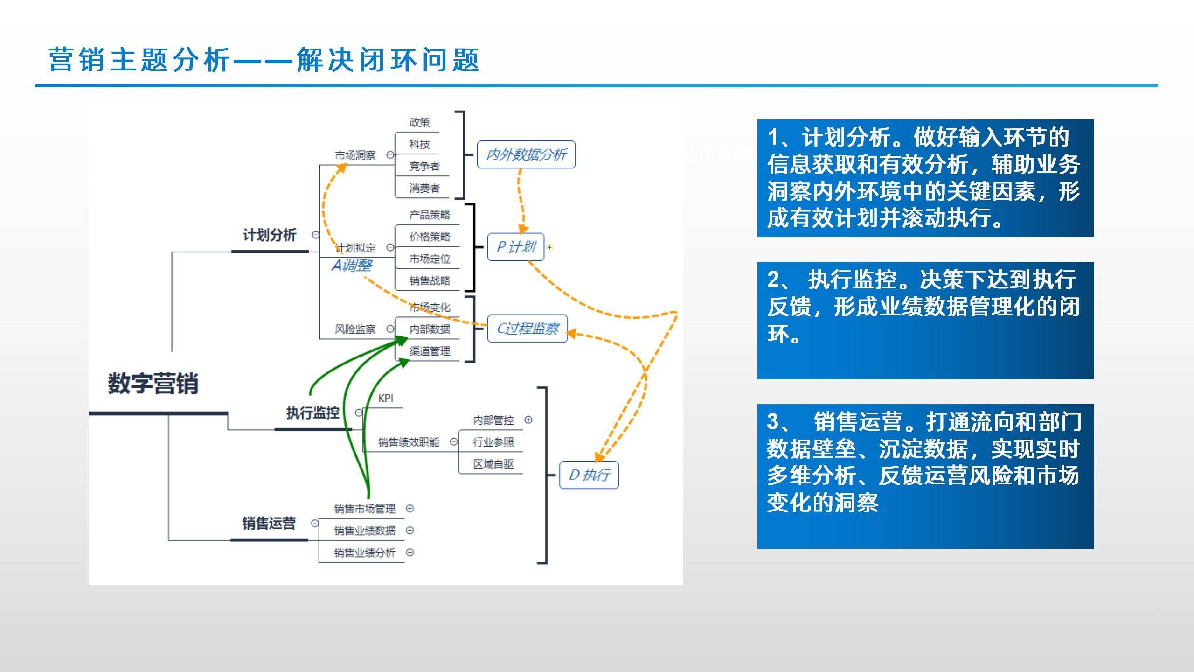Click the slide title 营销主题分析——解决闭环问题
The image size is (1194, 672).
click(x=264, y=60)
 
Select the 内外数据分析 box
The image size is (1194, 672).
click(x=526, y=154)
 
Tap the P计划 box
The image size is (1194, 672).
click(x=515, y=247)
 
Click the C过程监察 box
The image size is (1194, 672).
click(x=528, y=329)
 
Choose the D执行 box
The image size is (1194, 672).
click(x=589, y=475)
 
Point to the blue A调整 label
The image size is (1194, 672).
click(x=352, y=266)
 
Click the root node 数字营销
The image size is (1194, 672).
click(x=153, y=384)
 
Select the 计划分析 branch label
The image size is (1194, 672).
click(x=270, y=235)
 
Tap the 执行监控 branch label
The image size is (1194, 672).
click(x=312, y=413)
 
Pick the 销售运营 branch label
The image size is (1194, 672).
click(x=269, y=523)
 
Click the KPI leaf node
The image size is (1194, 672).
click(x=386, y=398)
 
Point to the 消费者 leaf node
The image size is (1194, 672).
click(x=424, y=188)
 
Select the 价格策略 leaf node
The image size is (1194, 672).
click(x=430, y=237)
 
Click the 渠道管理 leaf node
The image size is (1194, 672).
click(x=430, y=351)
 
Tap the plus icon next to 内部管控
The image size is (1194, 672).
click(x=528, y=420)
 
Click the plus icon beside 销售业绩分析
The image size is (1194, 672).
click(x=410, y=552)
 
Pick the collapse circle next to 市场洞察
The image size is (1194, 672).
click(x=390, y=155)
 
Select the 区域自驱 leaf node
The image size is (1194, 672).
click(x=493, y=464)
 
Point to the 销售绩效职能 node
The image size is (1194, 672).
click(x=409, y=442)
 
